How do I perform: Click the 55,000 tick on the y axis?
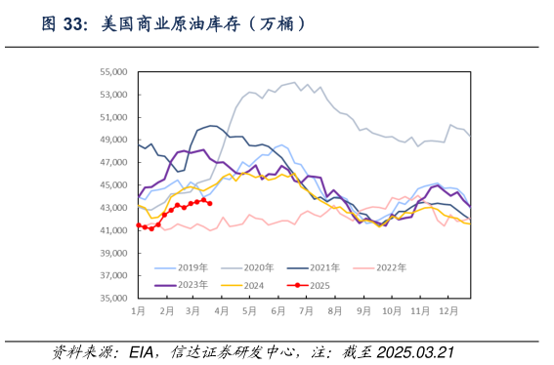tap(113, 72)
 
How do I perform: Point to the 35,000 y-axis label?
tap(113, 298)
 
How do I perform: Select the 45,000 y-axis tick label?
tap(113, 185)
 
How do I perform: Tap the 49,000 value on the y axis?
tap(113, 140)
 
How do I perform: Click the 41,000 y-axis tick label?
tap(113, 230)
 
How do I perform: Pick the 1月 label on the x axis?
tap(138, 310)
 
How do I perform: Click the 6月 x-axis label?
tap(278, 310)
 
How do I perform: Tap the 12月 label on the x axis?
tap(448, 310)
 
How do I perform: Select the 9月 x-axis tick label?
tap(363, 310)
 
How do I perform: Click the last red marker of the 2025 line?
tap(209, 203)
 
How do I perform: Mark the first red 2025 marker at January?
tap(138, 225)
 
